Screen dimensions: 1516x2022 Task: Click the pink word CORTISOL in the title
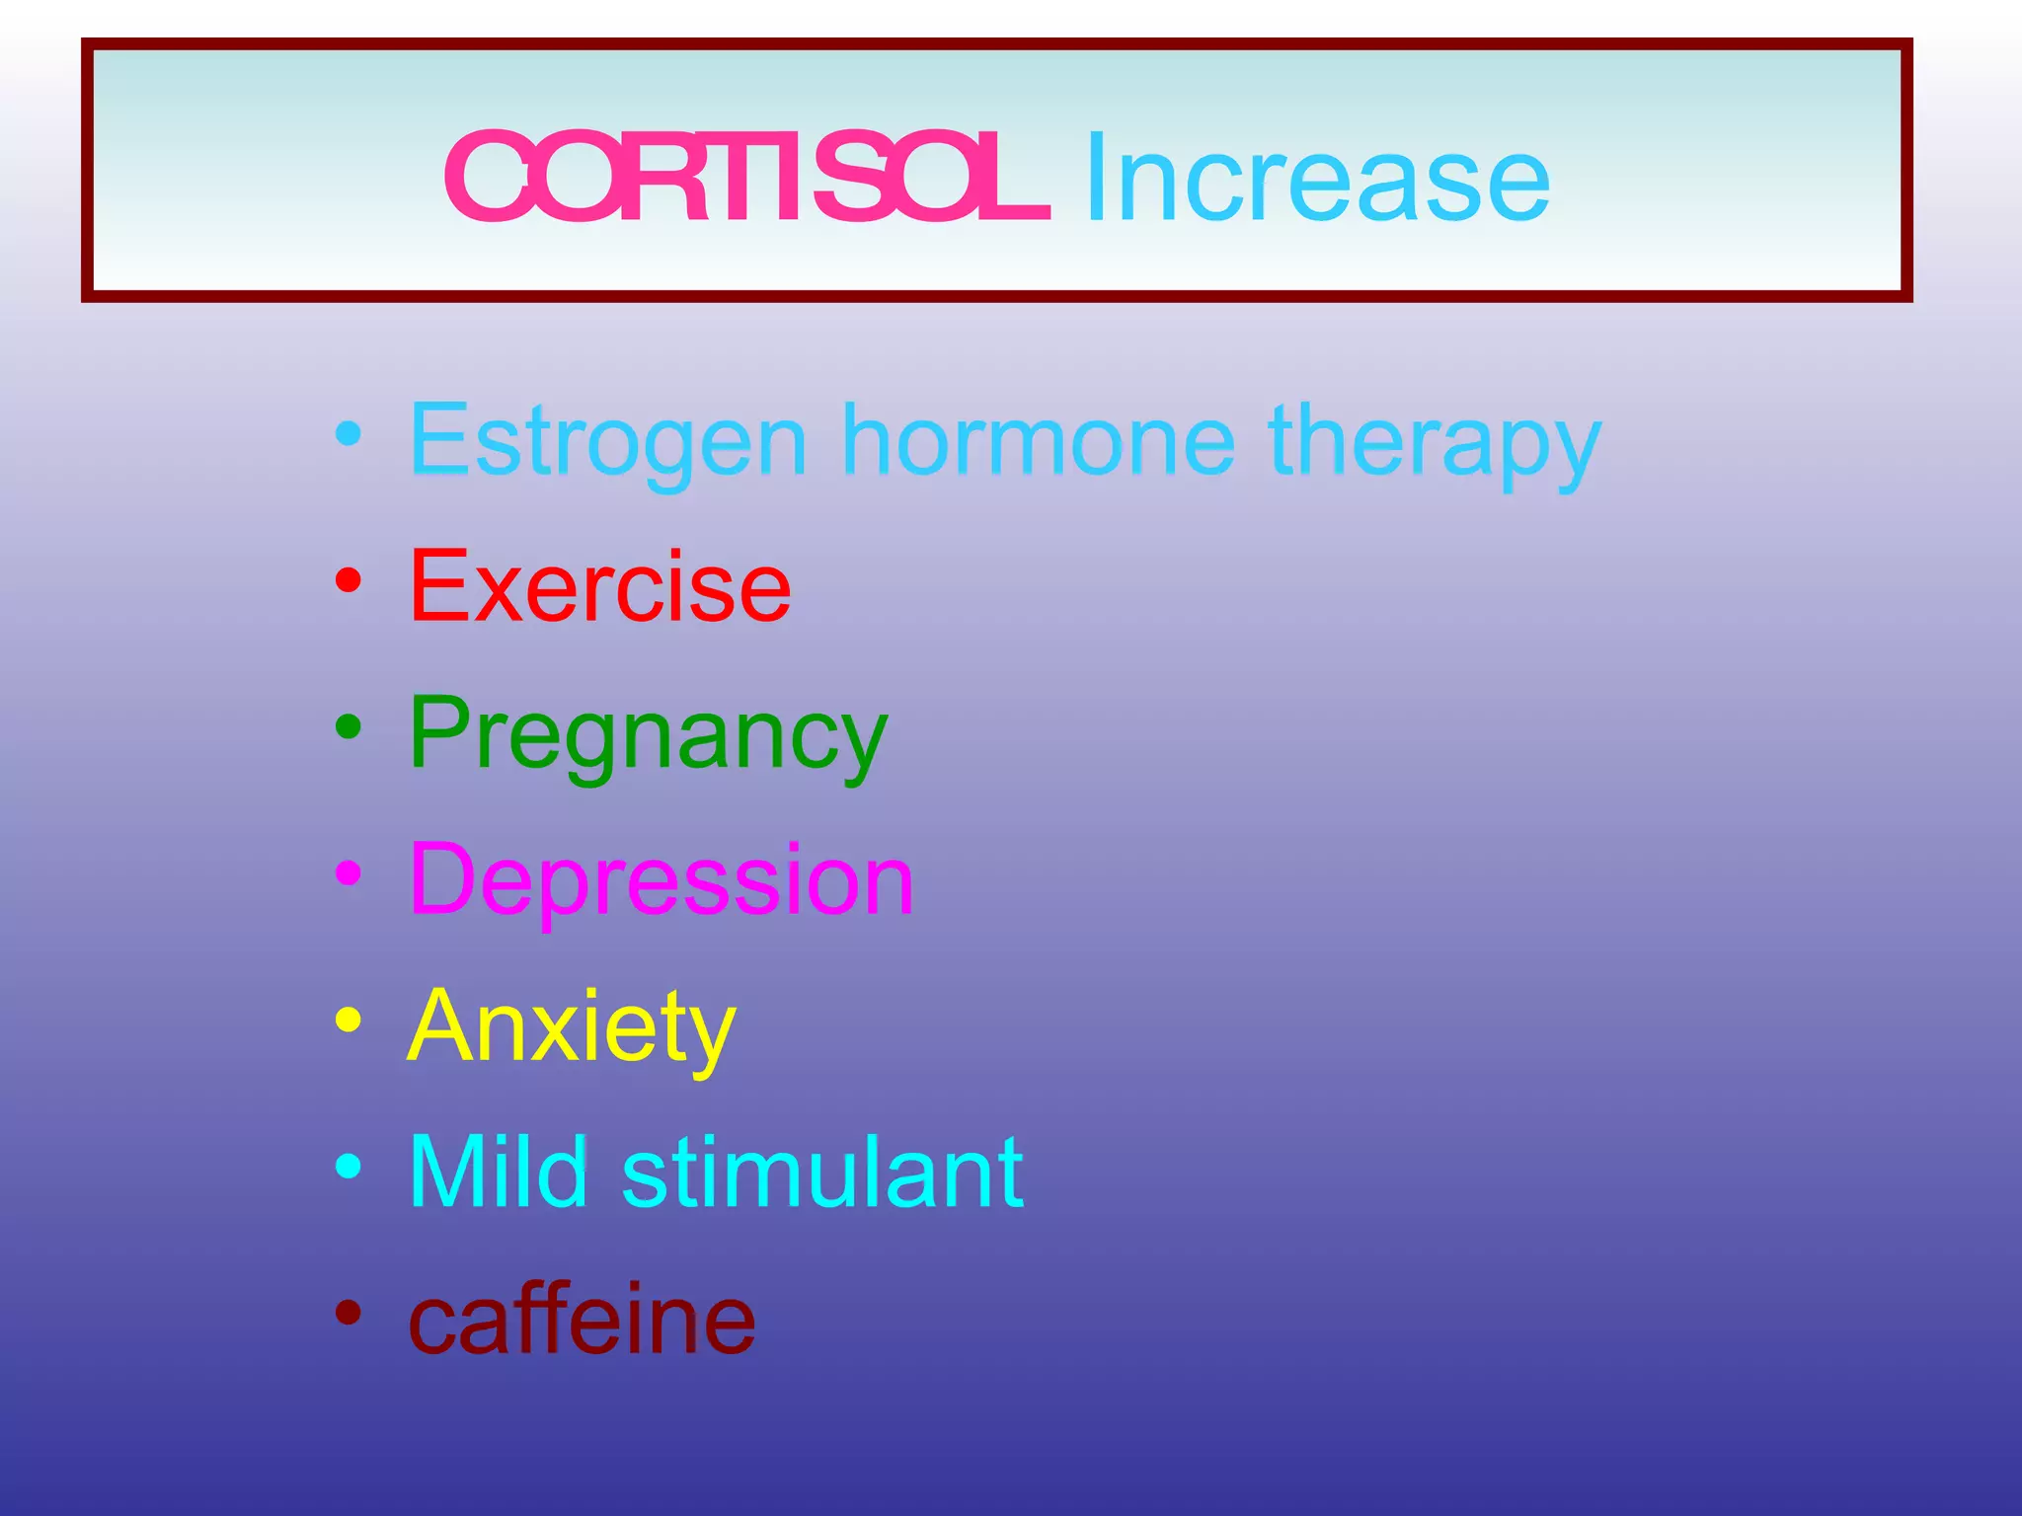746,179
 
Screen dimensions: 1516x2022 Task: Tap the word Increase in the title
1317,179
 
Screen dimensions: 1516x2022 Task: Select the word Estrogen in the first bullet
608,441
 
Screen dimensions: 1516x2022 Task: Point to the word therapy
1434,444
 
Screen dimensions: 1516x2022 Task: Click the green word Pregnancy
649,735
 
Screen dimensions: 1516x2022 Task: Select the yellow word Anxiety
572,1027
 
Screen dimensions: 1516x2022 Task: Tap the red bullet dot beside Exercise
348,579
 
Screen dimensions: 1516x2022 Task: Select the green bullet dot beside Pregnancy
348,726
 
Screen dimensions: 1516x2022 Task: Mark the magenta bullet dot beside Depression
348,872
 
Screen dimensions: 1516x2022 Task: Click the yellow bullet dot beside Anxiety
348,1020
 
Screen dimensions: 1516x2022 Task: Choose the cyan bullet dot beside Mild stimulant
348,1166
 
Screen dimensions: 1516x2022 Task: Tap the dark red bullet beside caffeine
348,1313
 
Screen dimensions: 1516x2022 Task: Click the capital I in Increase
1094,179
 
